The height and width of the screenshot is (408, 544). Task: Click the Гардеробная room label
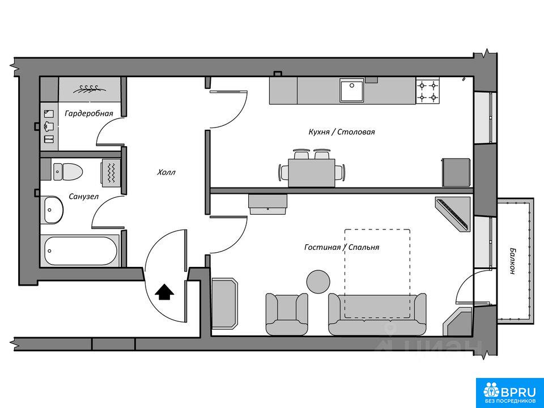pyautogui.click(x=88, y=113)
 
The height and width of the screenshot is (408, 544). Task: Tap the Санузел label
pyautogui.click(x=84, y=197)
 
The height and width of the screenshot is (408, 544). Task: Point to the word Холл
pyautogui.click(x=167, y=172)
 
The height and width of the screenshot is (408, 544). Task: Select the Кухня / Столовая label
pyautogui.click(x=342, y=132)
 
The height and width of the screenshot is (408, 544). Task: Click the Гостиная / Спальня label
pyautogui.click(x=342, y=247)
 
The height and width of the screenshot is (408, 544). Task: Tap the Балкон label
pyautogui.click(x=513, y=261)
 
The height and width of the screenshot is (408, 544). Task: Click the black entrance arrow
pyautogui.click(x=165, y=292)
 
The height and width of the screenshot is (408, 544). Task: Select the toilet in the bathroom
pyautogui.click(x=67, y=170)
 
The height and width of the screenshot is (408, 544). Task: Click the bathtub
pyautogui.click(x=80, y=250)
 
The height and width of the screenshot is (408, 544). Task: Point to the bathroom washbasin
pyautogui.click(x=52, y=210)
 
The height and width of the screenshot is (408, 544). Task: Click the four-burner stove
pyautogui.click(x=428, y=91)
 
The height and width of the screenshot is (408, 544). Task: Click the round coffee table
pyautogui.click(x=318, y=282)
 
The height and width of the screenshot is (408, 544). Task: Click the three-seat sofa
pyautogui.click(x=377, y=314)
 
